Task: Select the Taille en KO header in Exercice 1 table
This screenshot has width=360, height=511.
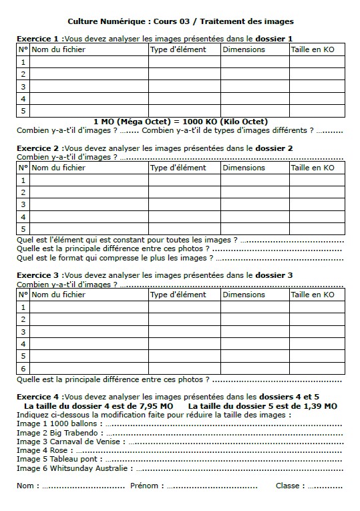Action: click(312, 49)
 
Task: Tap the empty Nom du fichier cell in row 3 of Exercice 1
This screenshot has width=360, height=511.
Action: click(88, 87)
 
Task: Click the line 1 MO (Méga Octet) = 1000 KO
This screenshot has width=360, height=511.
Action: click(180, 122)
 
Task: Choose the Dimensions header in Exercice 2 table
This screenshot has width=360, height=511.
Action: click(244, 168)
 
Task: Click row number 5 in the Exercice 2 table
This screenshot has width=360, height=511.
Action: click(23, 229)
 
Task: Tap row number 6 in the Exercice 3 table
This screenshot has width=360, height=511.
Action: click(23, 368)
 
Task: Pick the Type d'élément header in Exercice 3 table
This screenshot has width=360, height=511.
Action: click(178, 295)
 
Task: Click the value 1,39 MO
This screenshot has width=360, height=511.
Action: click(319, 405)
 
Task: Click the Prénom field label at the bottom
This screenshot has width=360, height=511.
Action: click(145, 486)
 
